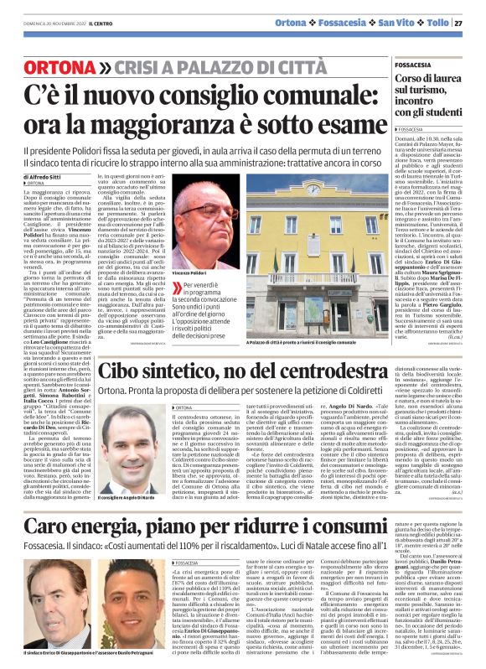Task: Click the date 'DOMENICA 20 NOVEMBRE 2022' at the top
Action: point(41,23)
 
